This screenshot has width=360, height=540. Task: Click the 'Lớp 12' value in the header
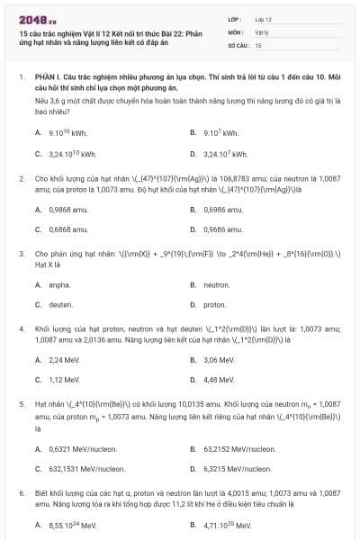(264, 19)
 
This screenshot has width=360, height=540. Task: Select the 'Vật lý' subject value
(262, 31)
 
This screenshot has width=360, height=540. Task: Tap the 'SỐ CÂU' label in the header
(238, 44)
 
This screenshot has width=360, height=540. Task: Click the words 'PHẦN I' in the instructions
(48, 78)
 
